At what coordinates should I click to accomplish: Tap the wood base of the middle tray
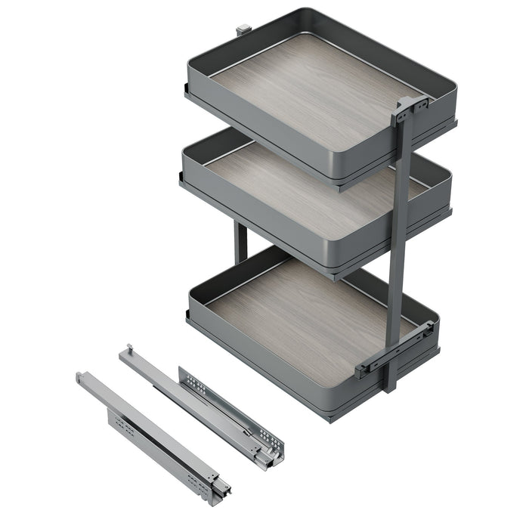point(302,189)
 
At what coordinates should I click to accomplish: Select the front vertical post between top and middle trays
point(401,151)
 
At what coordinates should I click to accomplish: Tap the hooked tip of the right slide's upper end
point(129,349)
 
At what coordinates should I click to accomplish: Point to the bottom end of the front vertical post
point(389,385)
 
